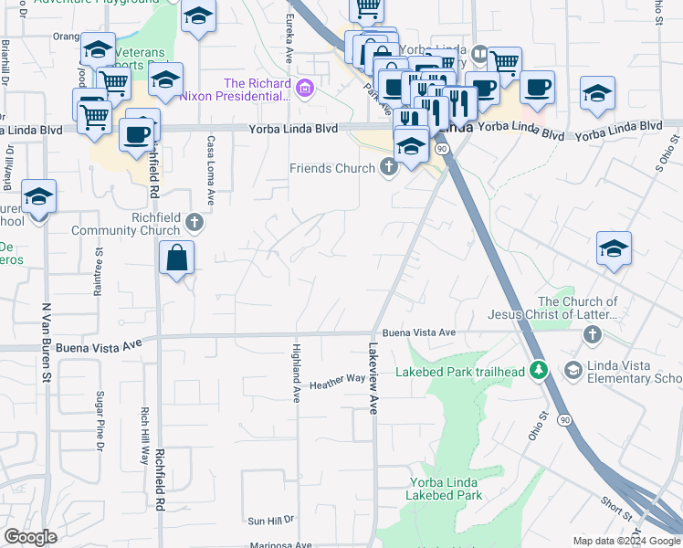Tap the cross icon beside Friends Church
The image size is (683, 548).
[x=389, y=168]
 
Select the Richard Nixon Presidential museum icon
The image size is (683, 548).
[x=305, y=90]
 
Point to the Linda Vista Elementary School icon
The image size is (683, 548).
[x=573, y=369]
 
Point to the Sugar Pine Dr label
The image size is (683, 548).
[x=99, y=421]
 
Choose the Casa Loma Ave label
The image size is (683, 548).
[x=211, y=171]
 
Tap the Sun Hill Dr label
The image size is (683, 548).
[x=271, y=521]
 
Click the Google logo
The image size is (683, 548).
[x=31, y=538]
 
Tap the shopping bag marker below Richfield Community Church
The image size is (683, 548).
[x=177, y=259]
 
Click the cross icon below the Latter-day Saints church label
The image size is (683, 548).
[x=592, y=335]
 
